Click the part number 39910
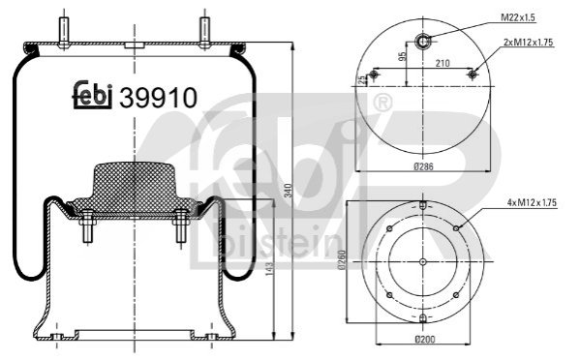coord(159,98)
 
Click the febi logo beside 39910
coord(92,95)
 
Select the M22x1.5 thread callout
coord(518,17)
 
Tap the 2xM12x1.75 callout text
coord(529,43)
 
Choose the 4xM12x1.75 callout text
coord(532,202)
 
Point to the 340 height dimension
coord(290,191)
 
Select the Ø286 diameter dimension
coord(423,166)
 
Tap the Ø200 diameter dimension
coord(425,339)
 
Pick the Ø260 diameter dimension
coord(342,260)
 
